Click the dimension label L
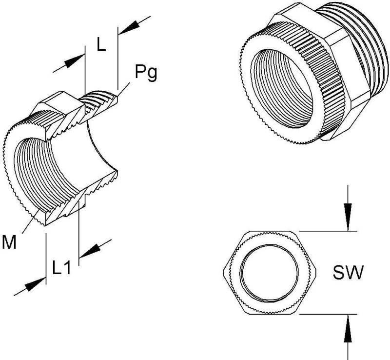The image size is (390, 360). (101, 45)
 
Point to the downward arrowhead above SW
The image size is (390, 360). (347, 217)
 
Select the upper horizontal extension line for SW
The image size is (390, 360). (327, 230)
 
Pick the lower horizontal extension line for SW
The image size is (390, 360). (327, 315)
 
